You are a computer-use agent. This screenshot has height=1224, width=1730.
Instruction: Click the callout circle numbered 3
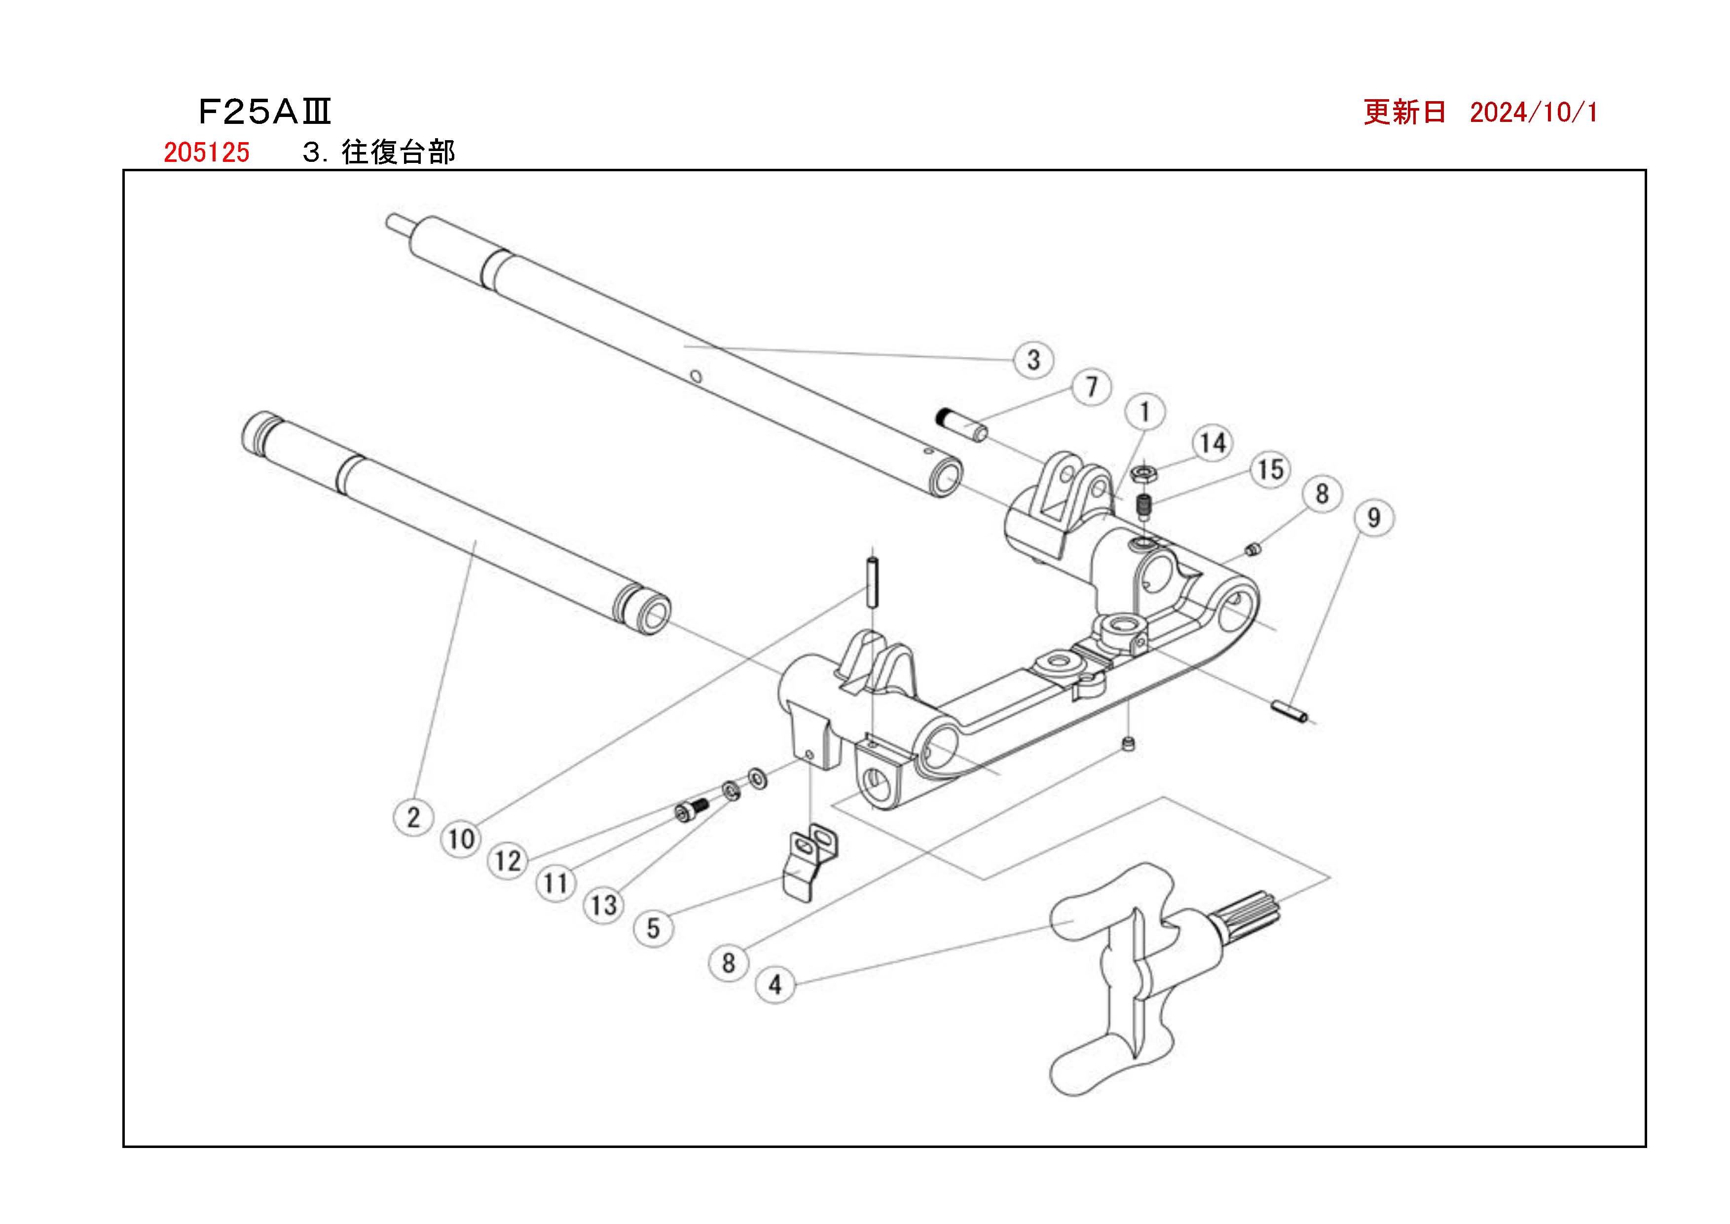coord(1034,359)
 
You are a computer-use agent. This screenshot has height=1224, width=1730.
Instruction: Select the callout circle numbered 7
coord(1092,387)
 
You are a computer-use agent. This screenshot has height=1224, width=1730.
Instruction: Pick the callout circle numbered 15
coord(1270,469)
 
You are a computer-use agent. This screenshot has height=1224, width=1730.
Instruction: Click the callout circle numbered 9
coord(1374,518)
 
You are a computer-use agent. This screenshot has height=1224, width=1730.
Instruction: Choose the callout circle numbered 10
coord(460,839)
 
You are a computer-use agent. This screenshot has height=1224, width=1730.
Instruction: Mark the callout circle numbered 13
coord(603,905)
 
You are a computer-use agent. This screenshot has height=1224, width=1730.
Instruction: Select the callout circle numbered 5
coord(653,928)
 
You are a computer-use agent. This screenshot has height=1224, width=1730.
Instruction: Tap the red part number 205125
coord(207,152)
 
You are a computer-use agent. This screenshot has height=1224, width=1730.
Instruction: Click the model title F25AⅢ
coord(264,113)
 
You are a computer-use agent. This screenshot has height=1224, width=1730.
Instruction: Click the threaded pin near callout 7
coord(960,425)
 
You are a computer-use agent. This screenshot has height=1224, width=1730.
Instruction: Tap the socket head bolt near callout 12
coord(691,810)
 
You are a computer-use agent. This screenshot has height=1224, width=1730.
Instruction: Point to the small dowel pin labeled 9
coord(1290,711)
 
